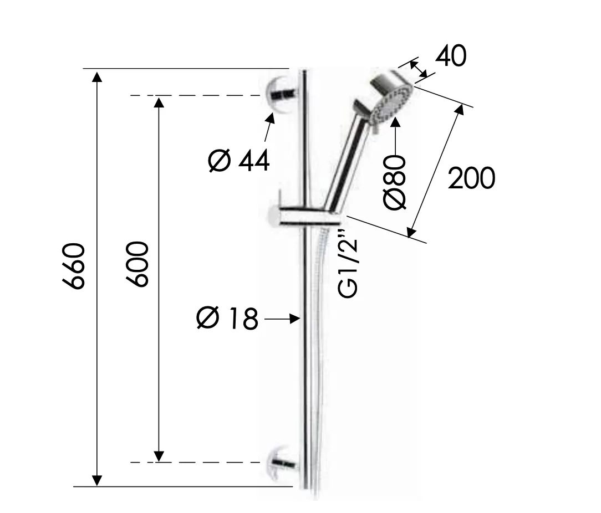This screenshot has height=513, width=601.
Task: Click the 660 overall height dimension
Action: click(x=73, y=266)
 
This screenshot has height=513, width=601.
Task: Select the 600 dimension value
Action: click(x=137, y=264)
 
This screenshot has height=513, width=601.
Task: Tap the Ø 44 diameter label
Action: click(x=239, y=160)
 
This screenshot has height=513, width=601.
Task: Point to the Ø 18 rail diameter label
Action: click(x=227, y=317)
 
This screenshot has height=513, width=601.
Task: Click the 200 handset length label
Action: click(x=471, y=178)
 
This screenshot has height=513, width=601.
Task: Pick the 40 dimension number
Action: click(x=451, y=55)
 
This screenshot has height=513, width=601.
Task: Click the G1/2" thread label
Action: click(x=348, y=264)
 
